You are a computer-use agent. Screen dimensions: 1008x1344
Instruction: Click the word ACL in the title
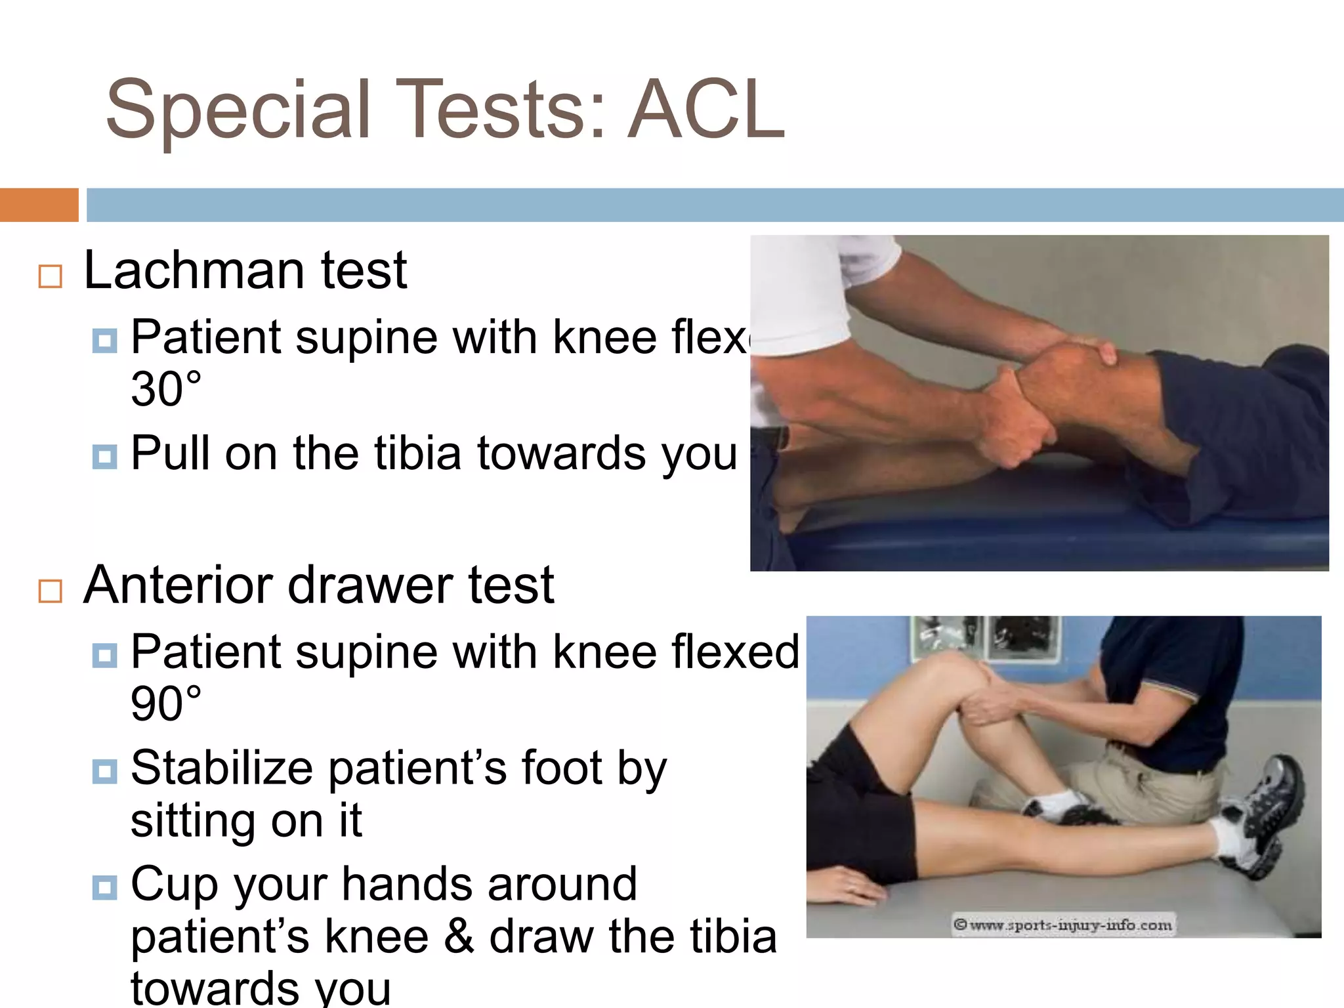[x=706, y=110]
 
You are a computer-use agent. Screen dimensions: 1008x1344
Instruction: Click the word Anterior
[x=177, y=585]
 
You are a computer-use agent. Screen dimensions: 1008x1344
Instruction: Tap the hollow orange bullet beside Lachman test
[x=51, y=276]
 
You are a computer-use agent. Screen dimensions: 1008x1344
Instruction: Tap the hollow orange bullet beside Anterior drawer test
[x=51, y=591]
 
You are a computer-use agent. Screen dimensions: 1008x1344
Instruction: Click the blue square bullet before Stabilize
[x=105, y=772]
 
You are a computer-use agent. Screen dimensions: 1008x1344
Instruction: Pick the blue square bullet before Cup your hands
[x=105, y=888]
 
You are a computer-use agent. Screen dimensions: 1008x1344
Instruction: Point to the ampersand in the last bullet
[x=459, y=937]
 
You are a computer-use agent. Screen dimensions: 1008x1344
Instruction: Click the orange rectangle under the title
[x=39, y=205]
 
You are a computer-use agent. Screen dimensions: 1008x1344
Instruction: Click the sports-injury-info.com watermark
[x=1063, y=925]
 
